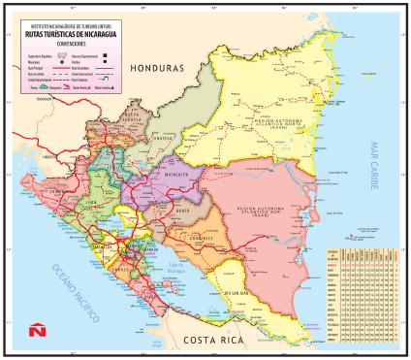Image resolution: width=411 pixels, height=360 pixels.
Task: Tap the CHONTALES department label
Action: (x=203, y=238)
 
